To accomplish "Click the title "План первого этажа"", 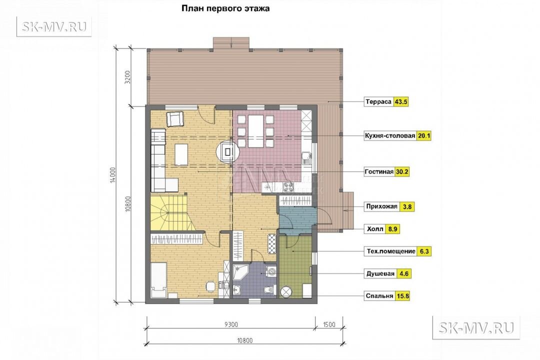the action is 225,8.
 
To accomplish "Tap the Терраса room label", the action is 378,102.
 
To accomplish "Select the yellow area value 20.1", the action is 424,135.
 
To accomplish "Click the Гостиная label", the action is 379,171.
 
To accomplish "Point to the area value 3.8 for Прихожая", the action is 407,206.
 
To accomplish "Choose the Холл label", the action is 375,228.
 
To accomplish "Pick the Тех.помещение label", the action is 391,251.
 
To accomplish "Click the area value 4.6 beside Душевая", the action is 403,273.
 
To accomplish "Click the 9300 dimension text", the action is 231,324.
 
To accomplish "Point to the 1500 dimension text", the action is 329,324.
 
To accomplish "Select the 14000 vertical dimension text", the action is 113,175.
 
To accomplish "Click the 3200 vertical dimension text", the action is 127,78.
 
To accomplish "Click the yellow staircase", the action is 169,212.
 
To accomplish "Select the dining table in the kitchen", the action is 255,131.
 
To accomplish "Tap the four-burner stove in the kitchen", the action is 288,187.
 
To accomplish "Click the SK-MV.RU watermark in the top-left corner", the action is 54,26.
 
